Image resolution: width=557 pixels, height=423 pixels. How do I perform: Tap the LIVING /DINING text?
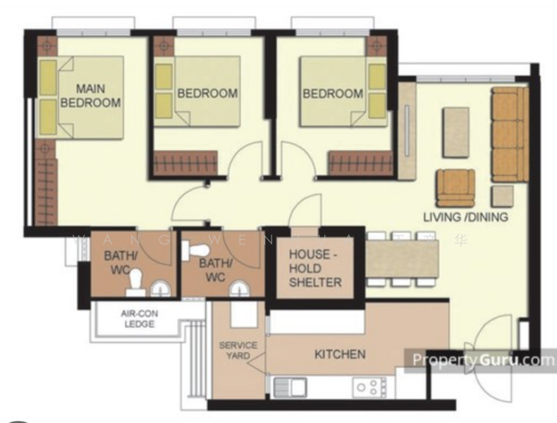465,217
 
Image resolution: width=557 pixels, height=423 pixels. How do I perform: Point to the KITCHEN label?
339,354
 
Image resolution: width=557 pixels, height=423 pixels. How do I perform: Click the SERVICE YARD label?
238,351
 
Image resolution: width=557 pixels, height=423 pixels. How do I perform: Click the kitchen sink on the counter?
290,387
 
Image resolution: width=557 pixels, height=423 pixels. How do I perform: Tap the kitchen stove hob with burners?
370,386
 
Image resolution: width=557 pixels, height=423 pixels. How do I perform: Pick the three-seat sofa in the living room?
509,134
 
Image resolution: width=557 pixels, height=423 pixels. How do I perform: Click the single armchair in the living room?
455,188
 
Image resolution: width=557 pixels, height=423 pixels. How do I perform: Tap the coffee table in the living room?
455,132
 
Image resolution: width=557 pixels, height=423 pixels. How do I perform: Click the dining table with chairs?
403,259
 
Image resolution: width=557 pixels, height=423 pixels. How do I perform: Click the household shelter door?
305,211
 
